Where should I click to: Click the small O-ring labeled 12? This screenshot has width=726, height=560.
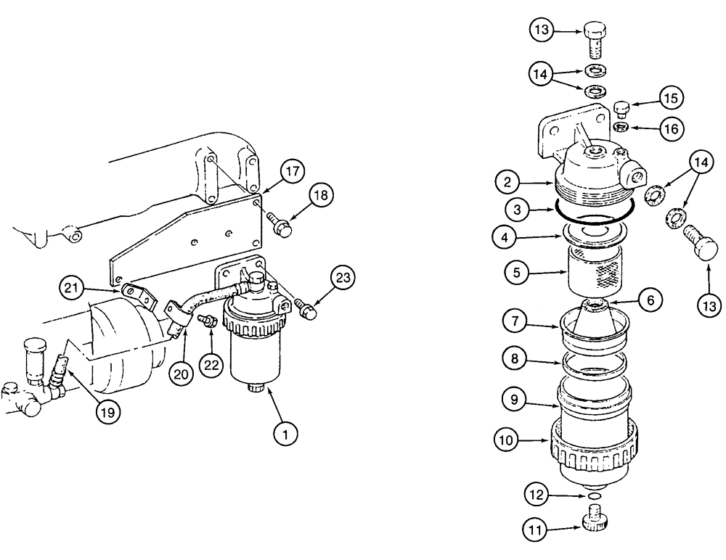tap(595, 497)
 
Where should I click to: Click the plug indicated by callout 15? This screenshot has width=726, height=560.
tap(621, 109)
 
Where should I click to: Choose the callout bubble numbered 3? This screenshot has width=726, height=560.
tap(518, 211)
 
